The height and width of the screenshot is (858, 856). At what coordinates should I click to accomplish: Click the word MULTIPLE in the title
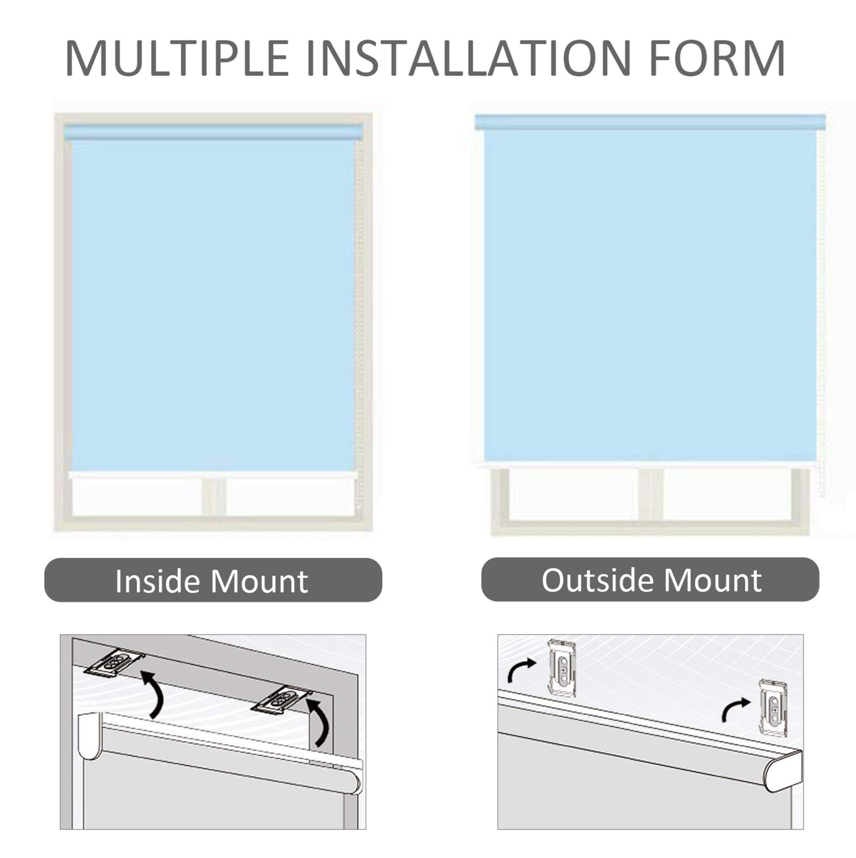[x=177, y=59]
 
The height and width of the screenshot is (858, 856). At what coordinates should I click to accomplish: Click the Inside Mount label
[x=212, y=581]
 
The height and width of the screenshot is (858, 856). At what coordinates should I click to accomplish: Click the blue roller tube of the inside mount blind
[x=214, y=133]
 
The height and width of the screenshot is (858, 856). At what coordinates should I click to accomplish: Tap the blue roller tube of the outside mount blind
[x=650, y=122]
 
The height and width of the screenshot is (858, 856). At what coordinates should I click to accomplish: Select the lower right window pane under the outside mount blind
[x=727, y=494]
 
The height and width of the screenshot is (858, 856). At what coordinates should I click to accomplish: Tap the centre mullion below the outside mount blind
[x=651, y=495]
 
